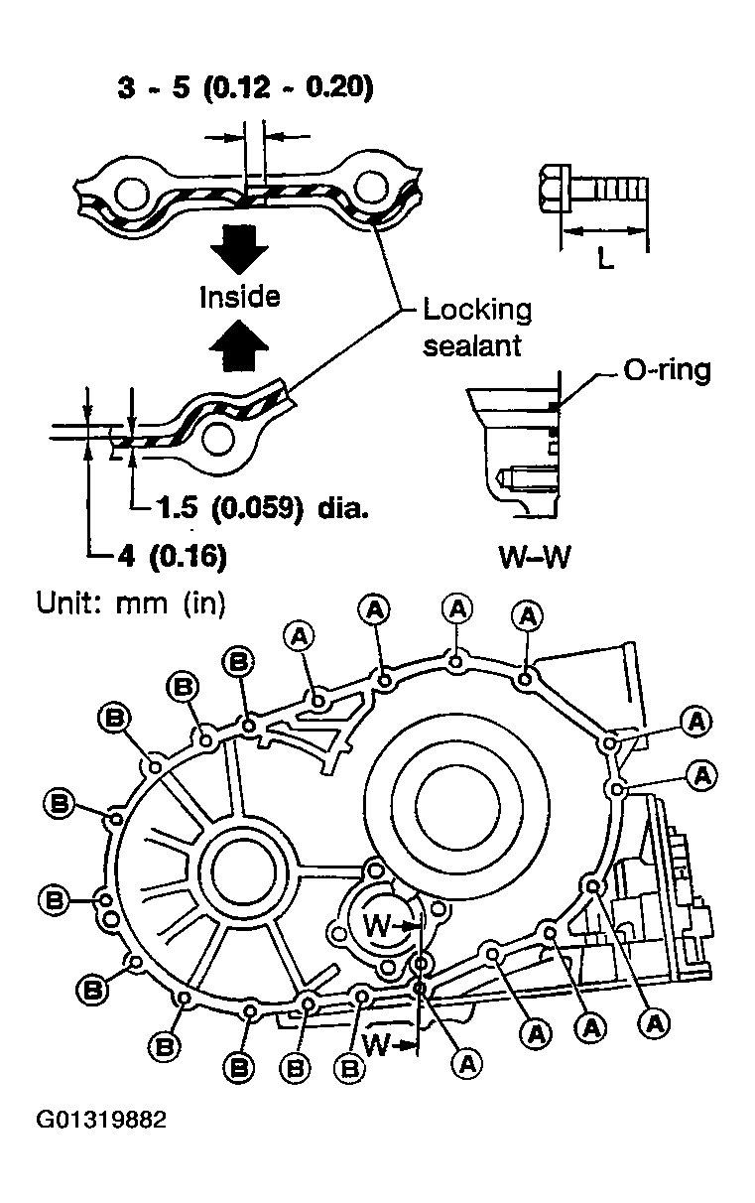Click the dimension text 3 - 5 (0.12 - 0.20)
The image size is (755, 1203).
point(245,86)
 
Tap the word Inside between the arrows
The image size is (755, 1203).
point(240,297)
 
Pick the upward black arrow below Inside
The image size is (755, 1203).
point(238,344)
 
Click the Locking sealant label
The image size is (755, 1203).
point(477,327)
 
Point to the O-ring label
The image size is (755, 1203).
point(667,370)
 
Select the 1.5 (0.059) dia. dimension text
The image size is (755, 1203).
point(263,507)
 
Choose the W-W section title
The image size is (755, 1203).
point(535,557)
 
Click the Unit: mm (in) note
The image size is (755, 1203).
point(131,602)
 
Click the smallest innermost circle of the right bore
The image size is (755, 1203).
point(458,806)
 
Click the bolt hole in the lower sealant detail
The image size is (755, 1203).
point(218,441)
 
